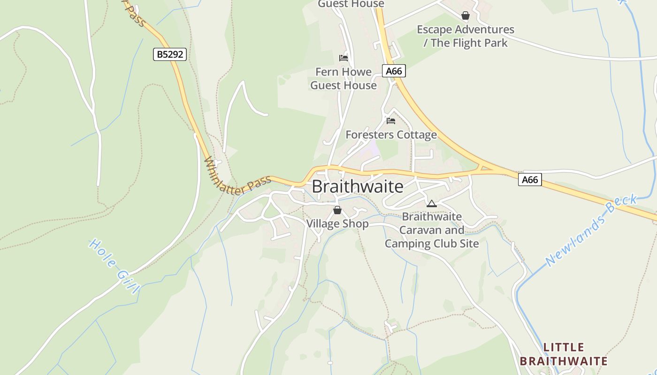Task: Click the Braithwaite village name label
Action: point(358,187)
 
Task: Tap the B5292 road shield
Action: point(170,54)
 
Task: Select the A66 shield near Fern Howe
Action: point(394,71)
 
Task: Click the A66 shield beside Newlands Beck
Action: point(530,180)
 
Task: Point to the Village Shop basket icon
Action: point(337,210)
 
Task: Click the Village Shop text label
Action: point(337,224)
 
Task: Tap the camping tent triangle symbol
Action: point(432,203)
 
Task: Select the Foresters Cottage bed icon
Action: point(391,121)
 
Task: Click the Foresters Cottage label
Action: point(391,135)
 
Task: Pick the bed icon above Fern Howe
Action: point(344,58)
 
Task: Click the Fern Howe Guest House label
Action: point(344,79)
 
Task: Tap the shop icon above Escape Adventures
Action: point(466,16)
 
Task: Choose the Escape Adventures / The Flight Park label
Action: point(466,36)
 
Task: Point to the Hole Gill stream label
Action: point(114,265)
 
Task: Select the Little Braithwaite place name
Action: point(564,354)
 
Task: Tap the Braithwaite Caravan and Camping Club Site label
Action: point(432,230)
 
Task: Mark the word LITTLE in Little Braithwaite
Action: point(564,347)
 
